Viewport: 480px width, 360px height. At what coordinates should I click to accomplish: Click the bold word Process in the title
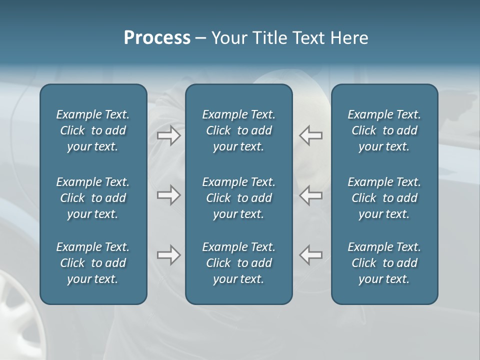coord(157,38)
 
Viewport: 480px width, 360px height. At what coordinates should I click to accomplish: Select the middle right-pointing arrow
coord(169,195)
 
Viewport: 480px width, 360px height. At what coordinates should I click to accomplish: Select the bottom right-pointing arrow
coord(169,255)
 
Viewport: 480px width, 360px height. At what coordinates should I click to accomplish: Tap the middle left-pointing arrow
coord(311,195)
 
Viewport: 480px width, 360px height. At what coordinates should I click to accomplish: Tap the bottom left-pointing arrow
coord(311,255)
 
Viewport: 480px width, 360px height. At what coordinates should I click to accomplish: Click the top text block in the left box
coord(93,130)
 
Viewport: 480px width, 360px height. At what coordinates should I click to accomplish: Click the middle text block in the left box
coord(93,198)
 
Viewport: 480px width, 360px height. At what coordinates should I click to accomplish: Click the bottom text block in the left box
coord(93,263)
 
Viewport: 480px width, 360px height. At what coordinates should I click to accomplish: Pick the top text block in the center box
coord(238,130)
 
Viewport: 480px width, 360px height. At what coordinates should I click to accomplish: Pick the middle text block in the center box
coord(238,198)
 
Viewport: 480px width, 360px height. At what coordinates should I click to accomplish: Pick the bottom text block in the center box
coord(238,263)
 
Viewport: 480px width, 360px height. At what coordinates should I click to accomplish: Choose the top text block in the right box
coord(384,130)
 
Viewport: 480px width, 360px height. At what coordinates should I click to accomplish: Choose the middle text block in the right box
coord(384,198)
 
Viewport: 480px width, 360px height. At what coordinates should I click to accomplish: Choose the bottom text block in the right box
coord(384,263)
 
